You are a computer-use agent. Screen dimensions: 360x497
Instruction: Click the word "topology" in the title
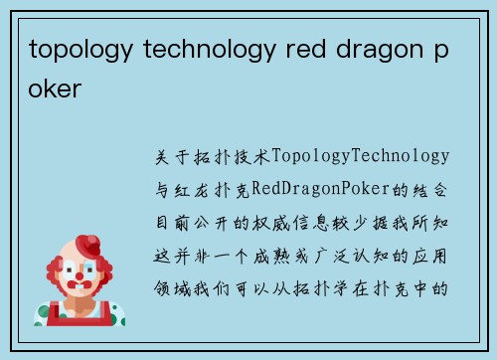tap(74, 49)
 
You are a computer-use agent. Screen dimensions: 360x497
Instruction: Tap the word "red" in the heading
tap(281, 49)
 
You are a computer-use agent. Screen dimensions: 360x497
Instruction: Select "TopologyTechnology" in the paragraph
tap(360, 156)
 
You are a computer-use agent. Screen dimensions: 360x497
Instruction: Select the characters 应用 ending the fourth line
tap(434, 257)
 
